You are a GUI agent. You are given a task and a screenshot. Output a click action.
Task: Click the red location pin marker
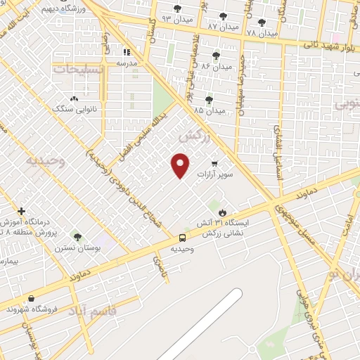click(x=181, y=165)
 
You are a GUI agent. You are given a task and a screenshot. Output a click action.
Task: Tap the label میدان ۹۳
click(x=176, y=18)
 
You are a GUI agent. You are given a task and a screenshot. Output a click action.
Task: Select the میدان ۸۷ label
click(x=222, y=26)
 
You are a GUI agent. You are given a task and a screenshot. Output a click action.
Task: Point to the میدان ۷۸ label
click(x=262, y=32)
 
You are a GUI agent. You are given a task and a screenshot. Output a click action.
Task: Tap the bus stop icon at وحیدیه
click(x=182, y=238)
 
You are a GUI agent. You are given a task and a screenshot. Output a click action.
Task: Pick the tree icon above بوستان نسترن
click(x=77, y=238)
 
